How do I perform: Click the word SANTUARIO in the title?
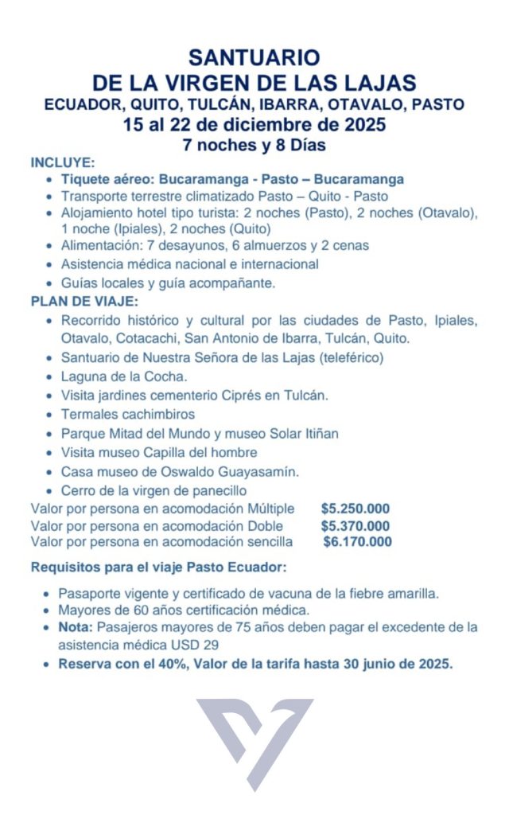(254, 57)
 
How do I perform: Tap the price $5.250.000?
(356, 509)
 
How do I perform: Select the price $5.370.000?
(356, 525)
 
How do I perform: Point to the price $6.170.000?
(358, 542)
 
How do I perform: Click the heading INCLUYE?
(63, 162)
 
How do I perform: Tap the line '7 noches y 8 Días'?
(254, 146)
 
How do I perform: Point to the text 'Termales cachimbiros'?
(128, 414)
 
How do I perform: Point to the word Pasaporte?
(91, 594)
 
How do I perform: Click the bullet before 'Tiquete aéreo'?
(52, 179)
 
